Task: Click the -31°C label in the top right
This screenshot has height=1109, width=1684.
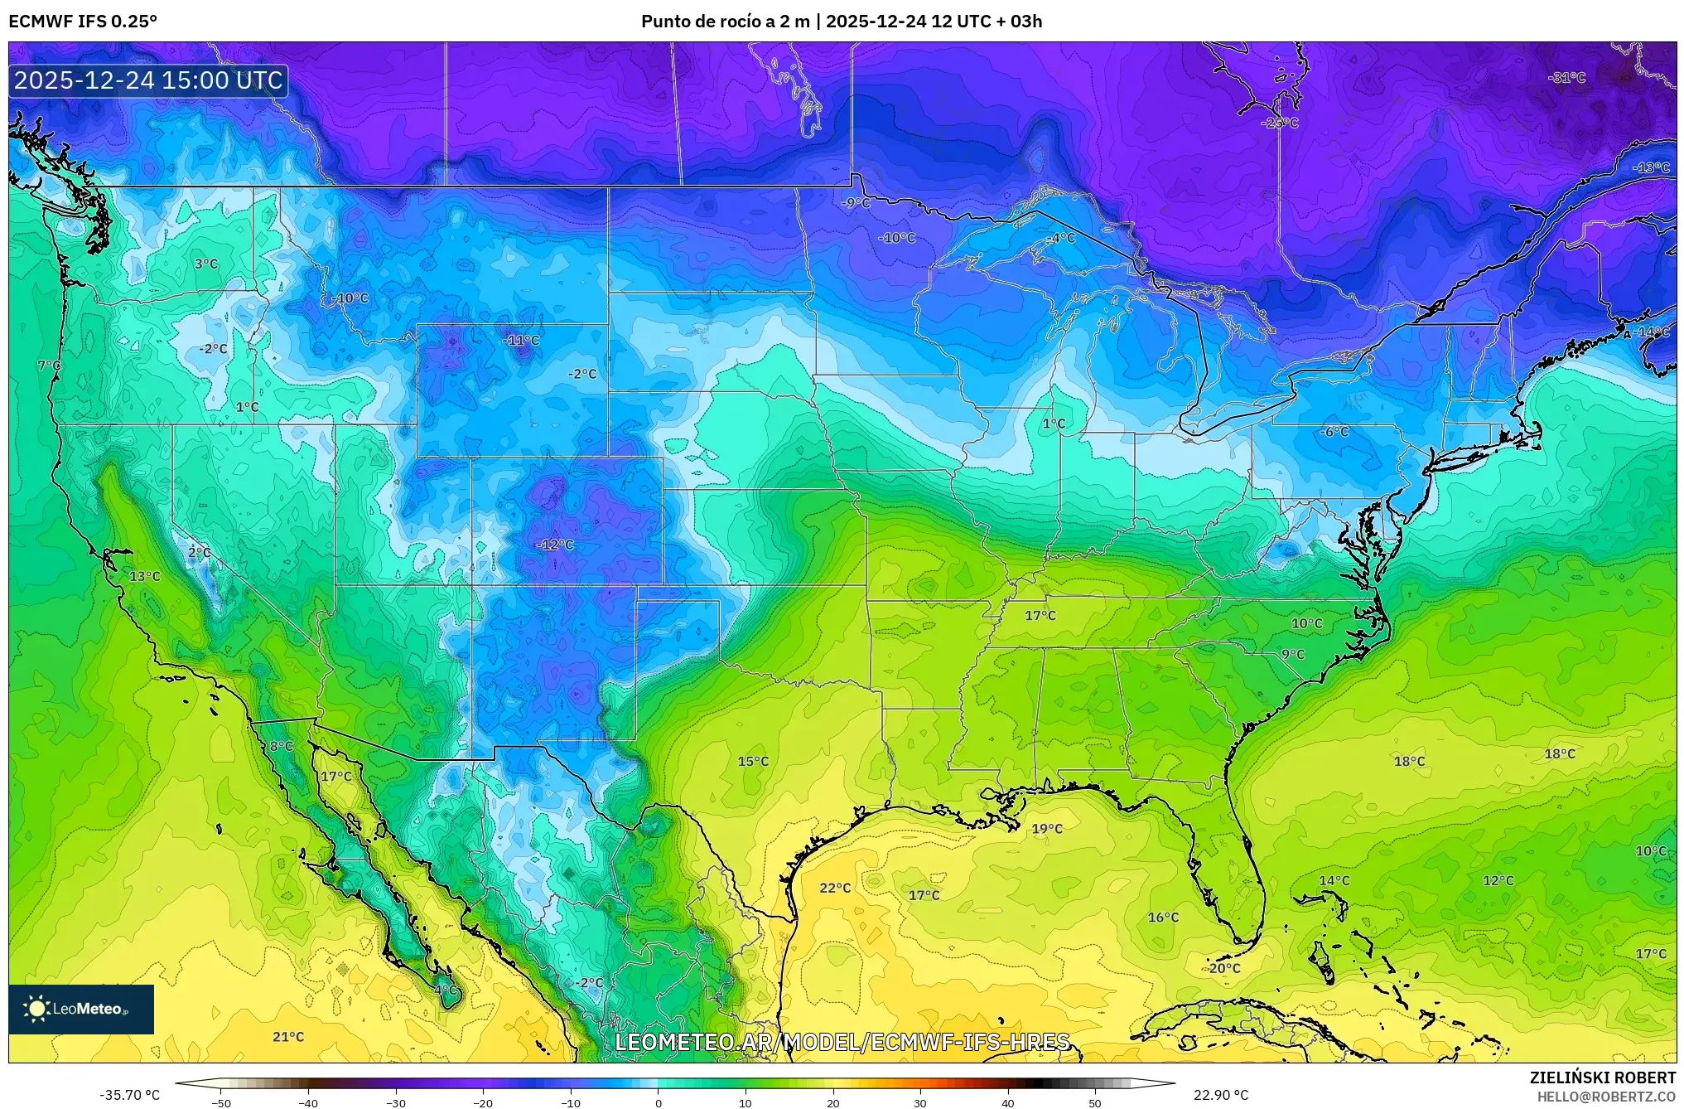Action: pos(1566,78)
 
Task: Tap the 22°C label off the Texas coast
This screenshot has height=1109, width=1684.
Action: pos(835,888)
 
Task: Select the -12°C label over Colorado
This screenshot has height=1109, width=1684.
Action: pos(555,545)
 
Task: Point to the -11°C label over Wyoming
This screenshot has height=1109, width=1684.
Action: pos(521,340)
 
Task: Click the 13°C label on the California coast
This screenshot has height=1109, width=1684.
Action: pos(145,576)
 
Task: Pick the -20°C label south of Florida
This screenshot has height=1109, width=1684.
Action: pos(1223,968)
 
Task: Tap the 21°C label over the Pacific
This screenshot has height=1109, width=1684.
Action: pos(288,1037)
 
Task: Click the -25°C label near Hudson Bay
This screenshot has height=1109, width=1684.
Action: pos(1280,123)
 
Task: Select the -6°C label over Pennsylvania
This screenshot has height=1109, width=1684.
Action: pos(1334,432)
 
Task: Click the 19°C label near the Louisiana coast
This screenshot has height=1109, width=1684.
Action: pos(1047,829)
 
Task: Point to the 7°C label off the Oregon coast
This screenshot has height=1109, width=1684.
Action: pos(49,366)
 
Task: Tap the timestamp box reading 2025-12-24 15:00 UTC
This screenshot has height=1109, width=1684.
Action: pos(148,81)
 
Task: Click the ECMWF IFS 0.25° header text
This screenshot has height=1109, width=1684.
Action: pos(83,22)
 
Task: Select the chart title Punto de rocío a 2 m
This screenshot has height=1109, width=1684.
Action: pos(725,22)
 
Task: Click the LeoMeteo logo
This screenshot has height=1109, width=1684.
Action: pos(81,1009)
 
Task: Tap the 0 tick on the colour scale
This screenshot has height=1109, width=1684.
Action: pos(659,1102)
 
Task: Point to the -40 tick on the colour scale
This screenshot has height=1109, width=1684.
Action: pos(308,1102)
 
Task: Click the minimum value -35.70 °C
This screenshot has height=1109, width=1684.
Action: pos(130,1095)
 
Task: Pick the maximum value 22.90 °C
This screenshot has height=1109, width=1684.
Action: pos(1221,1095)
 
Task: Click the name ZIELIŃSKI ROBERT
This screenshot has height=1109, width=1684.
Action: pos(1602,1078)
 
